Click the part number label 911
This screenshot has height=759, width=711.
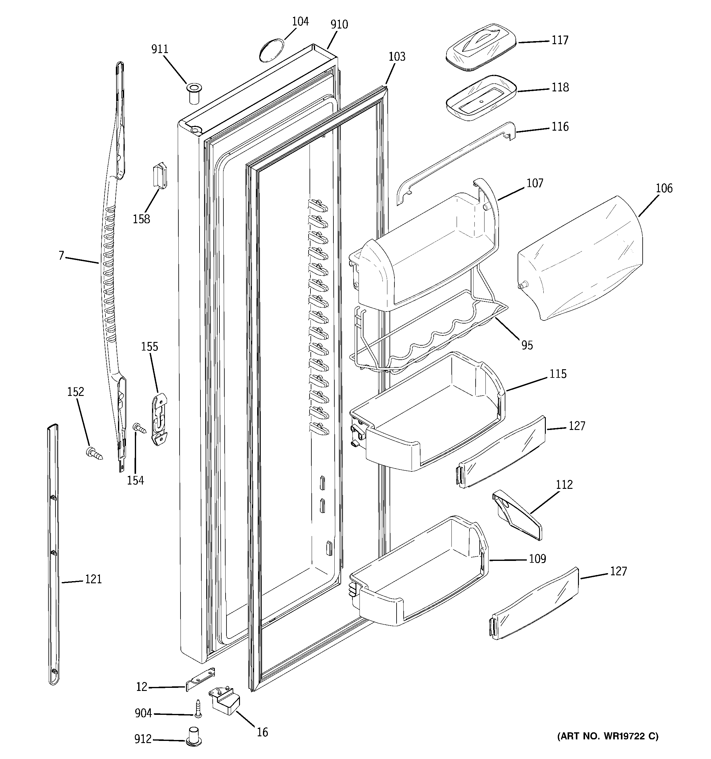160,49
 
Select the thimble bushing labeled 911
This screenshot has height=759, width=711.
193,93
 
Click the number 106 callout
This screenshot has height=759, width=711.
664,188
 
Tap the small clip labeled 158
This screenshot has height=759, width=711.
160,176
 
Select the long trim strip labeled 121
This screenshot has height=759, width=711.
53,554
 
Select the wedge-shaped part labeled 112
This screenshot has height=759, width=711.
517,516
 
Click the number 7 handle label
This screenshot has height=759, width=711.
61,255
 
